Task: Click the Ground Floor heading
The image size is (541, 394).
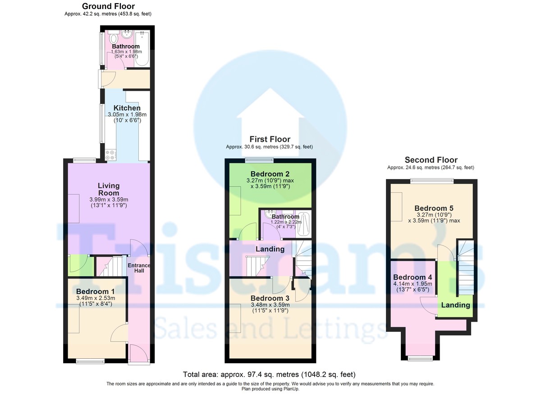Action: (108, 6)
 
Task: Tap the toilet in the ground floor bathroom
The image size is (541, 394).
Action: (113, 37)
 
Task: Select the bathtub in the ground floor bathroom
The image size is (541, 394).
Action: (142, 48)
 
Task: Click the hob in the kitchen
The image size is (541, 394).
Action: (110, 155)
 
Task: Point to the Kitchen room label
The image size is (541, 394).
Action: (127, 108)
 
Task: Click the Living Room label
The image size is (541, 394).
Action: (109, 189)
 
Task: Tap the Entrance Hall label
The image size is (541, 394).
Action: (139, 268)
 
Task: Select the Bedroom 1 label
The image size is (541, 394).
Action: (96, 291)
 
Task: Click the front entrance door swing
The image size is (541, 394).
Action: (139, 354)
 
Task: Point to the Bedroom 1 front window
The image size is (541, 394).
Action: (90, 362)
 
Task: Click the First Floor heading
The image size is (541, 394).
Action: (270, 139)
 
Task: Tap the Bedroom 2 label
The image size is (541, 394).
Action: (270, 174)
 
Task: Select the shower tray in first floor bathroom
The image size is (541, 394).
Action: (303, 224)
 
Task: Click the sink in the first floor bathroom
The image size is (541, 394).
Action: (269, 214)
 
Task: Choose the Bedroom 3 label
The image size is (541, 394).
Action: (270, 298)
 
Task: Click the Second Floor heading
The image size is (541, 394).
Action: (431, 160)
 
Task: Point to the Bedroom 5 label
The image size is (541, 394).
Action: (434, 208)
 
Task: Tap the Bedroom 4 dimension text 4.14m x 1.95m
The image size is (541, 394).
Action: (413, 283)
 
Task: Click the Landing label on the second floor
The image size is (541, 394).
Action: (455, 305)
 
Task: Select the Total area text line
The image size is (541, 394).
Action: (269, 375)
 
